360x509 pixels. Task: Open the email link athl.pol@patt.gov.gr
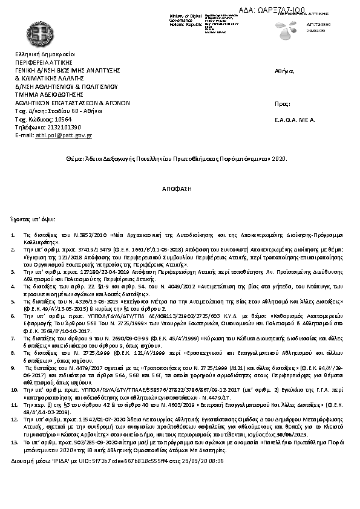point(64,136)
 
